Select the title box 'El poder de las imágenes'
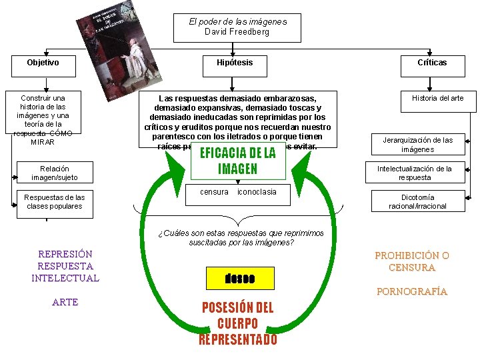pos(237,27)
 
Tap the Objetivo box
pos(43,63)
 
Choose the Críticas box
pos(432,63)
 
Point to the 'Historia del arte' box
pos(437,99)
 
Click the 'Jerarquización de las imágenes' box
pos(417,145)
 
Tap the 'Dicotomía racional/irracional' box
pos(417,202)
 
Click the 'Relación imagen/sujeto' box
pos(54,173)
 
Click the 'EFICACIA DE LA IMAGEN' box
pos(237,161)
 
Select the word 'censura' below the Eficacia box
pos(214,192)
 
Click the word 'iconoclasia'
pos(257,192)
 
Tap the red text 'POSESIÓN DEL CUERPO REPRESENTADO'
pos(237,323)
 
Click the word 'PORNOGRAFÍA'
pos(412,292)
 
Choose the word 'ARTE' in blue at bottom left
pos(65,303)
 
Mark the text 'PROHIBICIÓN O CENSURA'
pos(412,262)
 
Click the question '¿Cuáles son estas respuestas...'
pos(241,238)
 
